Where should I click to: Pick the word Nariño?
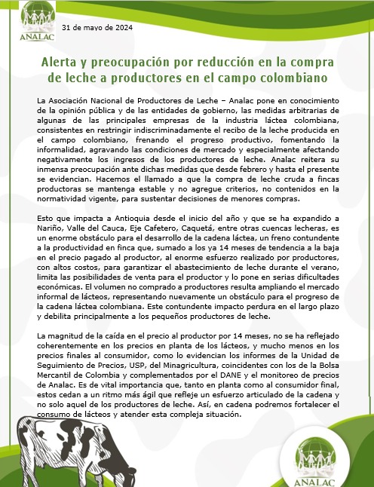[x=50, y=230]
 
